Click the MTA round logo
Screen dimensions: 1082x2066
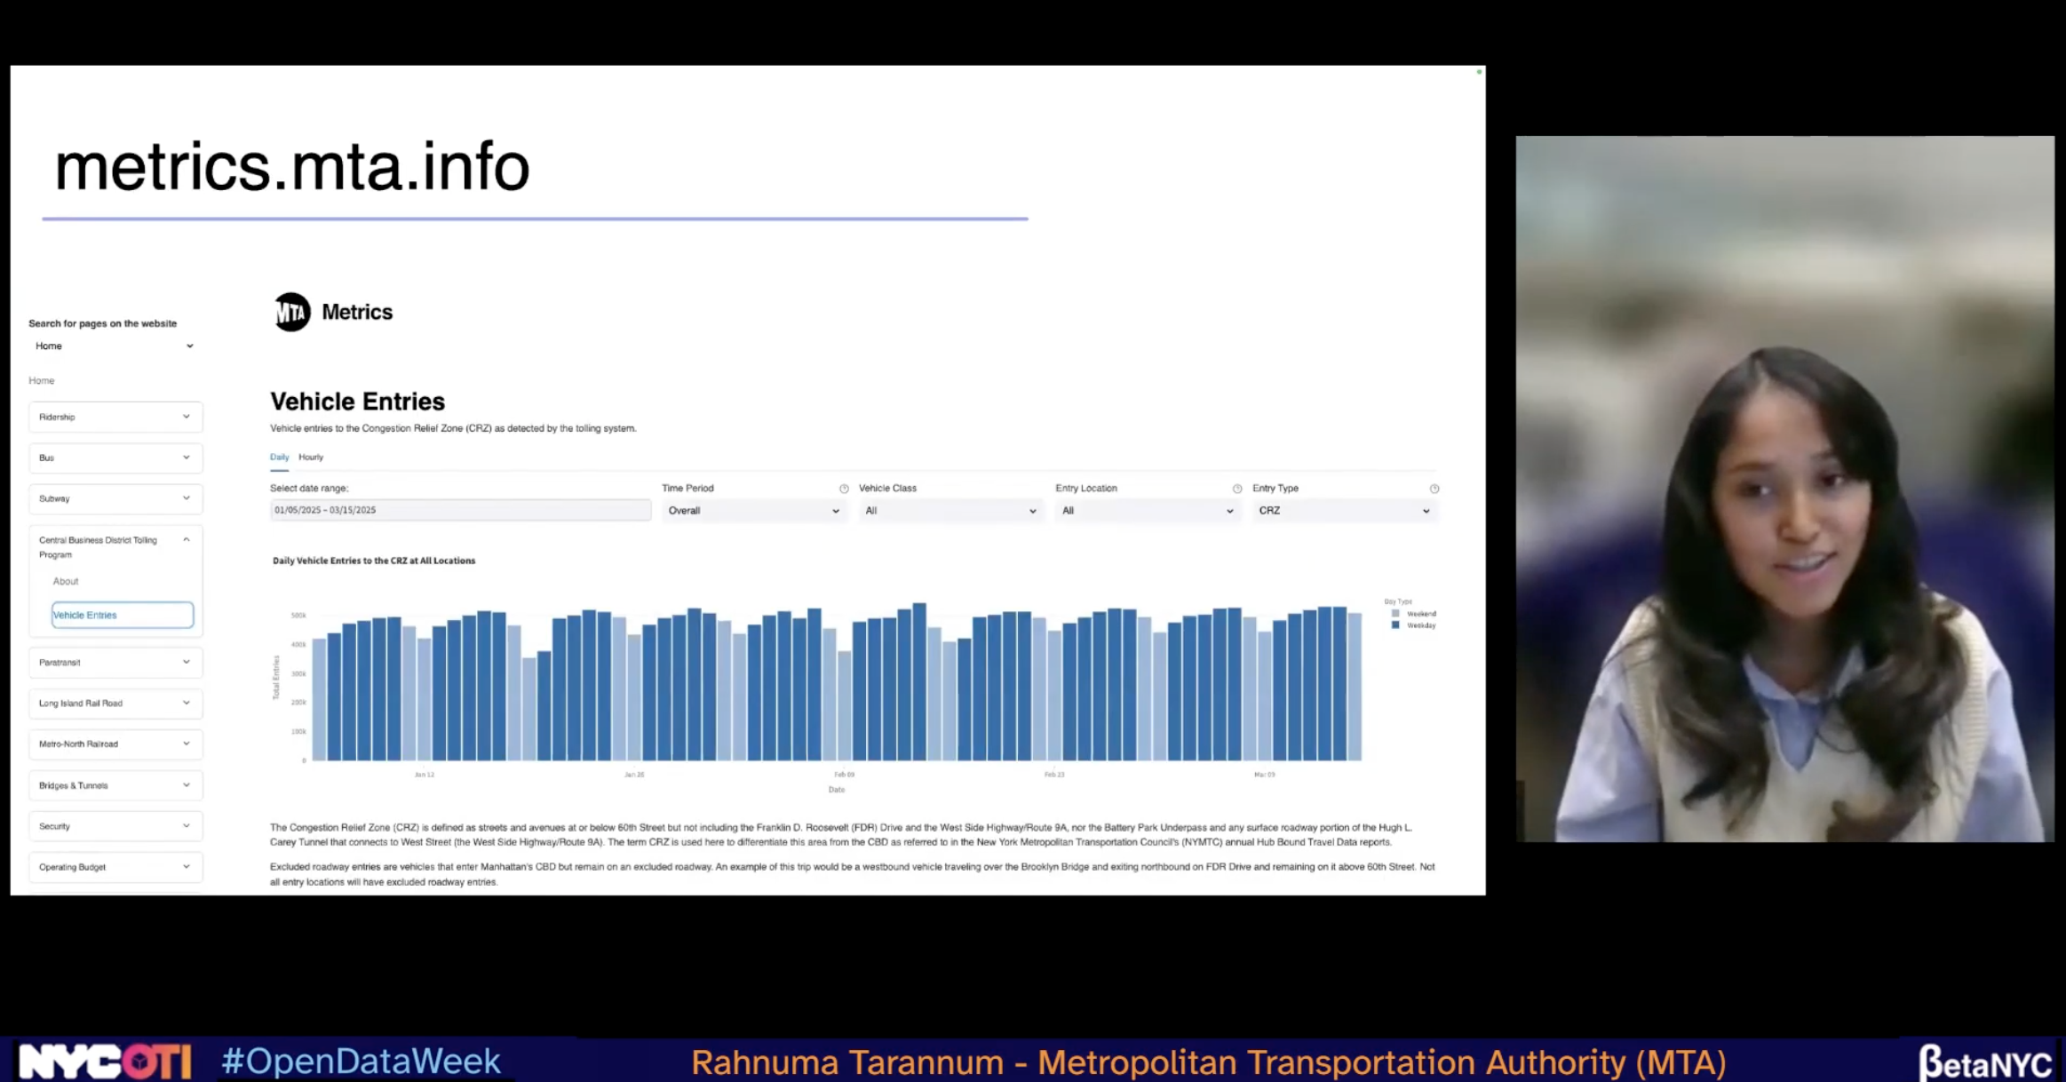pos(291,312)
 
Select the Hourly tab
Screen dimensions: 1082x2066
pos(311,457)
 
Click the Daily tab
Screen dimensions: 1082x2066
pos(279,457)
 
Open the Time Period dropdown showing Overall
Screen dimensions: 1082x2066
pos(752,511)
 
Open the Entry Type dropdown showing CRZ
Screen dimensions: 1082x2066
pos(1344,511)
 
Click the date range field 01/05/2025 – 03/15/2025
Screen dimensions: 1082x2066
pos(460,511)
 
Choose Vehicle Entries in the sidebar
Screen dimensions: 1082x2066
pos(122,615)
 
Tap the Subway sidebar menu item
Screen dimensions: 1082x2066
pos(115,498)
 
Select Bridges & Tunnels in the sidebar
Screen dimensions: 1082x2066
pos(115,785)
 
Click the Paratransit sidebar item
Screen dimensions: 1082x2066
pos(115,663)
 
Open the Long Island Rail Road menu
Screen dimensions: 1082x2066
pos(115,704)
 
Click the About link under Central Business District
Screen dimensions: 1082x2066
pos(66,582)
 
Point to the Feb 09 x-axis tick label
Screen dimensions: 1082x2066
pos(844,775)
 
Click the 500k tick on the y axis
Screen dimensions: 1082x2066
pos(298,616)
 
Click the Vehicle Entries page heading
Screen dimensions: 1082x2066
pos(357,402)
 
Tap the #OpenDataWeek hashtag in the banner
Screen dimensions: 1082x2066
pos(361,1062)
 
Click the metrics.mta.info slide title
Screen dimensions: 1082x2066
pos(292,167)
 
